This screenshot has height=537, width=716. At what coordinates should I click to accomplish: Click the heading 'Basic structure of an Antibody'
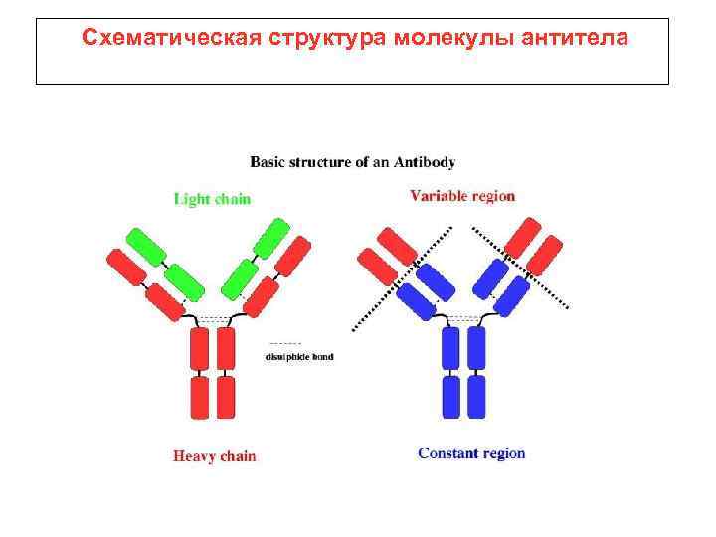tap(352, 161)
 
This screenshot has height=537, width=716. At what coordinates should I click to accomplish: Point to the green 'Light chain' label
tap(212, 199)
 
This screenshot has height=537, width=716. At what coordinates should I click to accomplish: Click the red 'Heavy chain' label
tap(214, 457)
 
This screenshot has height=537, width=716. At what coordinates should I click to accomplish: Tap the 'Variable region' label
tap(462, 196)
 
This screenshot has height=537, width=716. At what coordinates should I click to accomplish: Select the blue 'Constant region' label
tap(471, 454)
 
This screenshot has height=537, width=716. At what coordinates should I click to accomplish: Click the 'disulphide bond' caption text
tap(299, 356)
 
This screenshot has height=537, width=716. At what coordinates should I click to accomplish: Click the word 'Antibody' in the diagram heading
tap(426, 161)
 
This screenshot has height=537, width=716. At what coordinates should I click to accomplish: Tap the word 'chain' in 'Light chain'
tap(231, 199)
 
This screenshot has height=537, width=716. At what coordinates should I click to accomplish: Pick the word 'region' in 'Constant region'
tap(501, 454)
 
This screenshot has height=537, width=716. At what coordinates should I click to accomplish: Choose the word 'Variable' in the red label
tap(439, 196)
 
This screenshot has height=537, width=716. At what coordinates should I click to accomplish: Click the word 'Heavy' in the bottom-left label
tap(193, 457)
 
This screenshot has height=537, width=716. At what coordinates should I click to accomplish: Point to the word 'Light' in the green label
tap(191, 199)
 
